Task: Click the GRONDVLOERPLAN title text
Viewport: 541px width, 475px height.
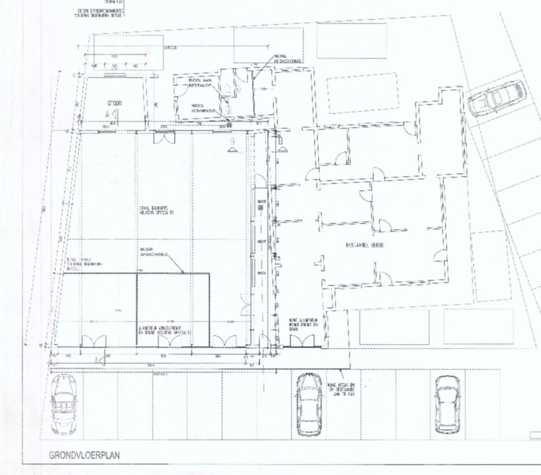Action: pyautogui.click(x=84, y=455)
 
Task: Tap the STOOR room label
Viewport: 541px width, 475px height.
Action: pyautogui.click(x=114, y=104)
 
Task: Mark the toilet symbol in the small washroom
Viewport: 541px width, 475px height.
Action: pyautogui.click(x=228, y=88)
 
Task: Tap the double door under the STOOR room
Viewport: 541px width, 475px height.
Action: pyautogui.click(x=163, y=137)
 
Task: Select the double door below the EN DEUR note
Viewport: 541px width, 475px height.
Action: pyautogui.click(x=301, y=341)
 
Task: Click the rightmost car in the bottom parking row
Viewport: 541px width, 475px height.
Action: pyautogui.click(x=447, y=404)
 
